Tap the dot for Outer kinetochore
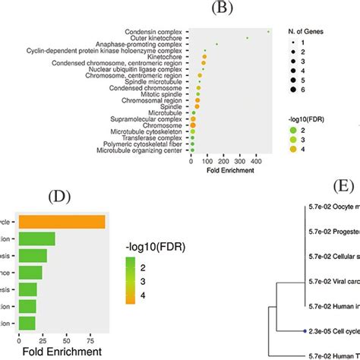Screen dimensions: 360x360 [248, 37]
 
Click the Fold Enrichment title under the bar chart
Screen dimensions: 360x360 [63, 352]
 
